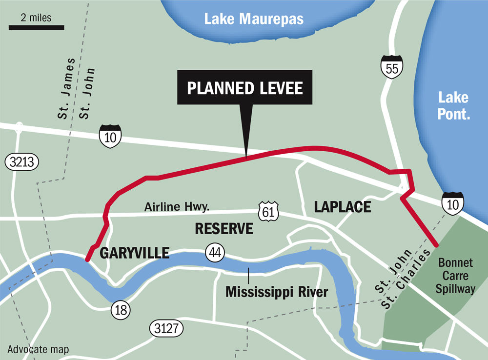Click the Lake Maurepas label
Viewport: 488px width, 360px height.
254,19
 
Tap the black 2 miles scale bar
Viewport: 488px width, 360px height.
37,27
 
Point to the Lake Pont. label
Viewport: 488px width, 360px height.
453,106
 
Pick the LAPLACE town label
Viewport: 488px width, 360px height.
342,207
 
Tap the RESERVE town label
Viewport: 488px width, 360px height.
224,228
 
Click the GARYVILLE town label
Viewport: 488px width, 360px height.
134,253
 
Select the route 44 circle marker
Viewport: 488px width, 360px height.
215,252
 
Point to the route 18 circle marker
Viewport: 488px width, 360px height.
120,309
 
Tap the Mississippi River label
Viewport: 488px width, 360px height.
276,292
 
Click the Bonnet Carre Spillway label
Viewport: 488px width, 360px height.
456,276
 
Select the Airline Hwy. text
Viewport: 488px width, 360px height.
177,207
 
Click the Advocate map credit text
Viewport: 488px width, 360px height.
38,349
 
